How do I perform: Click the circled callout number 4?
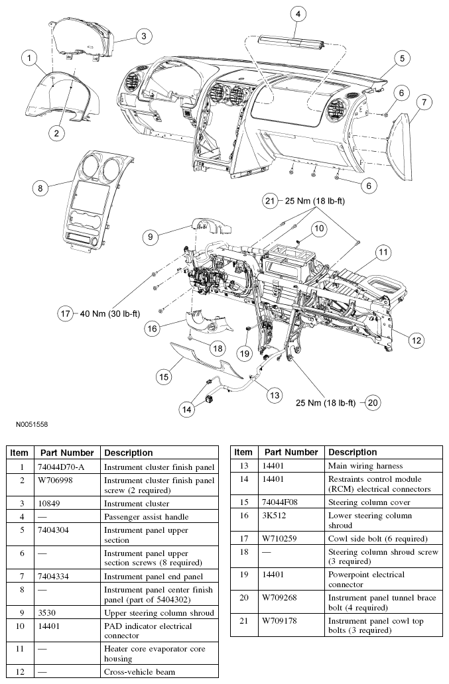click(298, 14)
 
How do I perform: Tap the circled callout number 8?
click(40, 188)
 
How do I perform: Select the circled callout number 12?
click(415, 340)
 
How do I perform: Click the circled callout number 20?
click(373, 402)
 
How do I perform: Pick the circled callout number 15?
click(163, 376)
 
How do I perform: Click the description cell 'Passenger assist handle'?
click(147, 516)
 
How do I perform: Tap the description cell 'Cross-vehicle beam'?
click(139, 672)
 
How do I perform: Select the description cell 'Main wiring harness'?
click(365, 466)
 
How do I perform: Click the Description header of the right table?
click(352, 452)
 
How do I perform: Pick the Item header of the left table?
click(20, 453)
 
